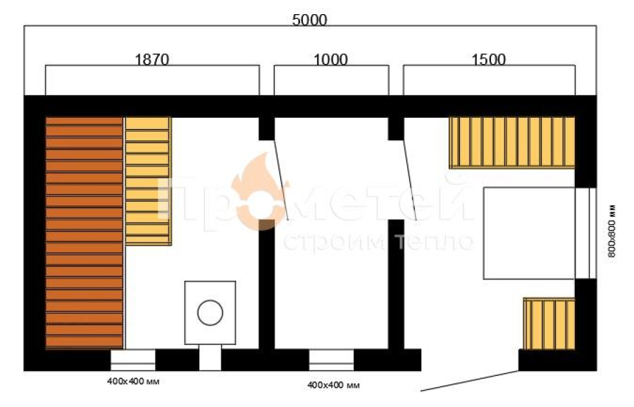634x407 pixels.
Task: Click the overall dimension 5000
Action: [309, 20]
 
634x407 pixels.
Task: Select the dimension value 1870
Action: [151, 59]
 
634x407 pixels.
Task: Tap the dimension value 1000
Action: [330, 59]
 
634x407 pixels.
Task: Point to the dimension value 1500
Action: [488, 59]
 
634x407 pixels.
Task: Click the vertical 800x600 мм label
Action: [611, 231]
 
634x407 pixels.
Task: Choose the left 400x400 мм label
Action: [133, 382]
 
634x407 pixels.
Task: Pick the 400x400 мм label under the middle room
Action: [334, 385]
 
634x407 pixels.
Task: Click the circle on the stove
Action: [210, 312]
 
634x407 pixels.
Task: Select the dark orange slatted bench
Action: [84, 233]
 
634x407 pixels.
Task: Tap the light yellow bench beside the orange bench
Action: [149, 181]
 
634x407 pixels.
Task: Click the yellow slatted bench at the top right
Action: [512, 142]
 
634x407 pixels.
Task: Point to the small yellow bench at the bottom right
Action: [549, 324]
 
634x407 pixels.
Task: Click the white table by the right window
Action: [529, 233]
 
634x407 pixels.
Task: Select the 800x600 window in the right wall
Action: [585, 233]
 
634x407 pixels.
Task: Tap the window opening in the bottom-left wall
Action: [133, 360]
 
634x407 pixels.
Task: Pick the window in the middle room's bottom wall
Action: [332, 360]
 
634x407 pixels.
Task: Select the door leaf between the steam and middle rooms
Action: [281, 180]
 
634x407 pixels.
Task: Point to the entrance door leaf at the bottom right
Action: [469, 381]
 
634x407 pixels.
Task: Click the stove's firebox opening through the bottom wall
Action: [210, 358]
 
